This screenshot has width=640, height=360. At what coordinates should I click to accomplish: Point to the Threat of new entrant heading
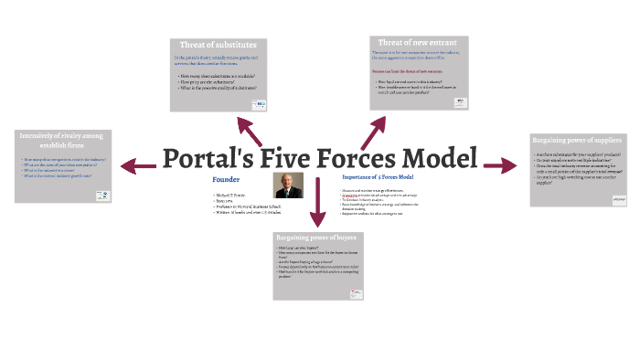coord(419,42)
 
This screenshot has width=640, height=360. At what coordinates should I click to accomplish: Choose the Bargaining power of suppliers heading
coord(578,141)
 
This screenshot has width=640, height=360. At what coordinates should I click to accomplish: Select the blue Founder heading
coord(225,180)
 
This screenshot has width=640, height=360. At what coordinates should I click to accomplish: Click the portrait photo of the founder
coord(289,185)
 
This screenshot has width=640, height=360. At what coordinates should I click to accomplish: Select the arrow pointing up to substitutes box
coord(250,129)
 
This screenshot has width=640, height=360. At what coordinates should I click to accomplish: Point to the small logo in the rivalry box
coord(104,195)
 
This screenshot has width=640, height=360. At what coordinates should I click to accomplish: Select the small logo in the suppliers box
coord(618,198)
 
